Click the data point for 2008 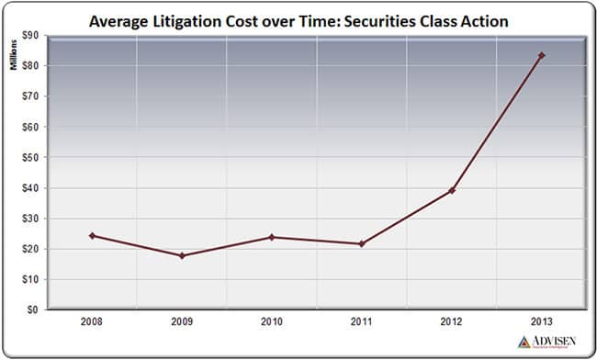[x=92, y=236]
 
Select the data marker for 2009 [x=182, y=255]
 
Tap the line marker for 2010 [x=272, y=237]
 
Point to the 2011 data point [x=362, y=243]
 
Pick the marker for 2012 [x=452, y=190]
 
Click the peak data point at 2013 [x=542, y=55]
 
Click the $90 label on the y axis [x=31, y=35]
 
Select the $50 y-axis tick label [x=31, y=157]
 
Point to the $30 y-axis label [x=31, y=219]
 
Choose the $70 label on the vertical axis [x=31, y=96]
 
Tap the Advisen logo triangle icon [x=524, y=342]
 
